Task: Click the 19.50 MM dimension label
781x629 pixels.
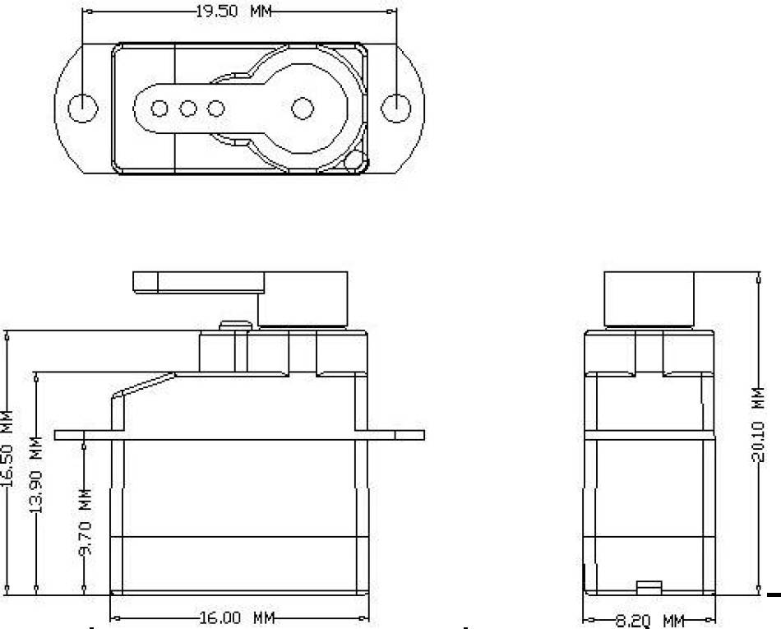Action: click(x=233, y=11)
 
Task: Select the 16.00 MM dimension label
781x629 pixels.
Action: click(x=237, y=618)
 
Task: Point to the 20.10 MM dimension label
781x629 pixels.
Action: click(x=758, y=423)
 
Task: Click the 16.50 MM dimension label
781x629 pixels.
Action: click(x=7, y=448)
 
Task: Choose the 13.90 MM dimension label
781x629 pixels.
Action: click(x=36, y=474)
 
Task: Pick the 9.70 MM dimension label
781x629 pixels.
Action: click(x=85, y=522)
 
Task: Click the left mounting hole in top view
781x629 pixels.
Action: click(x=83, y=108)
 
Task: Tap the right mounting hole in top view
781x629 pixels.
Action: click(x=396, y=108)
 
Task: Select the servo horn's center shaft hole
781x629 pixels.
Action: click(x=303, y=108)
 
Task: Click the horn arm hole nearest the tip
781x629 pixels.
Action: click(x=159, y=108)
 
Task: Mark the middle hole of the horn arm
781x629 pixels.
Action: click(x=187, y=108)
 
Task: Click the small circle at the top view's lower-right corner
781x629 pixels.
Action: click(x=355, y=161)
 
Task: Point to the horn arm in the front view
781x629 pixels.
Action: click(x=198, y=282)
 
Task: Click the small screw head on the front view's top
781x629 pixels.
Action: click(x=235, y=326)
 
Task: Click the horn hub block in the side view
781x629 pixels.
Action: click(x=649, y=298)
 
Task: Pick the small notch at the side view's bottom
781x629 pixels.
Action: click(x=649, y=588)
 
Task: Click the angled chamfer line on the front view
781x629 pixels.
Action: click(x=143, y=385)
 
